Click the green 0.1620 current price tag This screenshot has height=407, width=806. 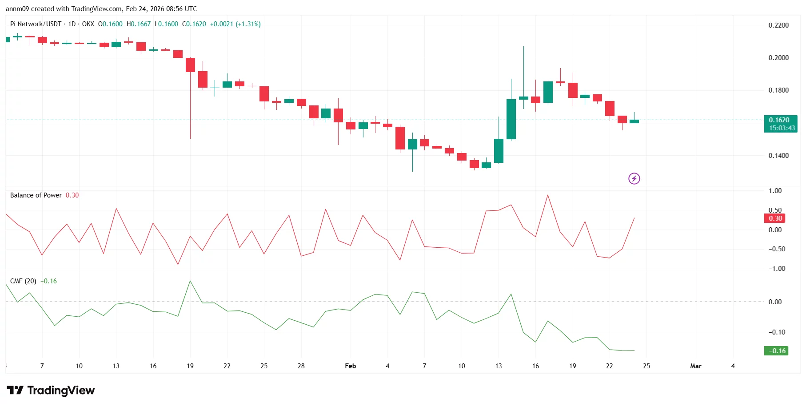(x=780, y=120)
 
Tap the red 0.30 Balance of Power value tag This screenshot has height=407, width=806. (x=775, y=218)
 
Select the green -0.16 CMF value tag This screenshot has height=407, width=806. (x=775, y=351)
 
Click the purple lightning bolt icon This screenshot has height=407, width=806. (x=634, y=179)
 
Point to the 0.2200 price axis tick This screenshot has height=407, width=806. (x=778, y=25)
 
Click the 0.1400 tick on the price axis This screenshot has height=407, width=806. (x=778, y=156)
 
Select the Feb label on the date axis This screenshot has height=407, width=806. (x=350, y=366)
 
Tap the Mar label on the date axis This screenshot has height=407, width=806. (x=695, y=366)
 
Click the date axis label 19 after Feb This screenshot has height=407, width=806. (x=572, y=366)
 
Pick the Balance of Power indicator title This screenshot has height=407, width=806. (x=36, y=195)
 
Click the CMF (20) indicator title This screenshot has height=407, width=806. (x=23, y=281)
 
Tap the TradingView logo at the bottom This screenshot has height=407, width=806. (x=51, y=391)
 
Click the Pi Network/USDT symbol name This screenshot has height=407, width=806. (x=36, y=24)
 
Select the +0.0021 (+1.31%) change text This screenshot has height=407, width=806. (x=235, y=24)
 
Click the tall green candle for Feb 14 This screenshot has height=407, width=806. (x=511, y=119)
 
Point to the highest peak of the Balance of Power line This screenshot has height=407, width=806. (x=547, y=195)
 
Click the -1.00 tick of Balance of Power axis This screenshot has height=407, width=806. (x=777, y=269)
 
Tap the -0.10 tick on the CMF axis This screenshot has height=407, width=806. (x=777, y=332)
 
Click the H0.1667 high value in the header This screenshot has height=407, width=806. (x=139, y=24)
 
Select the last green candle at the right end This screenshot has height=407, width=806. (x=634, y=121)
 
